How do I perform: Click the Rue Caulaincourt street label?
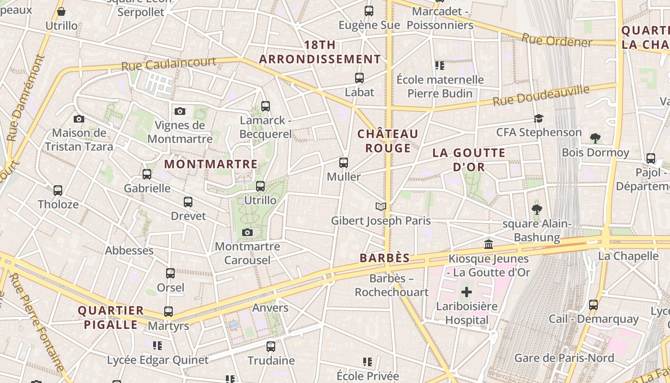coord(168,64)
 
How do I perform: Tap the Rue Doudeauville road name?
coord(541,96)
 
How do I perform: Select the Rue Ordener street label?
coord(557,40)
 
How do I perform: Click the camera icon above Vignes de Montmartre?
coord(180,111)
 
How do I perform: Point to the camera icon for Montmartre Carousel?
coord(247,233)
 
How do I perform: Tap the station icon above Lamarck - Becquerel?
coord(266,106)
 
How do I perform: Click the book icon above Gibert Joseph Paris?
coord(381,206)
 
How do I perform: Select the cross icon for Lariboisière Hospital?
coord(467,292)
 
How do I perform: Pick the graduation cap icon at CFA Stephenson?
coord(539,118)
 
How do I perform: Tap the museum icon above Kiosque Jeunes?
coord(489,245)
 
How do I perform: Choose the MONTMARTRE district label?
coord(211,164)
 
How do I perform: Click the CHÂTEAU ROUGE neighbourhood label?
coord(388,141)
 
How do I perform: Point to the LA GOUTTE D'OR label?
coord(469,160)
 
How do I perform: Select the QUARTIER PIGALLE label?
coord(111,317)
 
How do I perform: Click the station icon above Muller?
coord(344,163)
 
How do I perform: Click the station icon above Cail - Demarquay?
coord(593,305)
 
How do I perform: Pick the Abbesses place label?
coord(129,250)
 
